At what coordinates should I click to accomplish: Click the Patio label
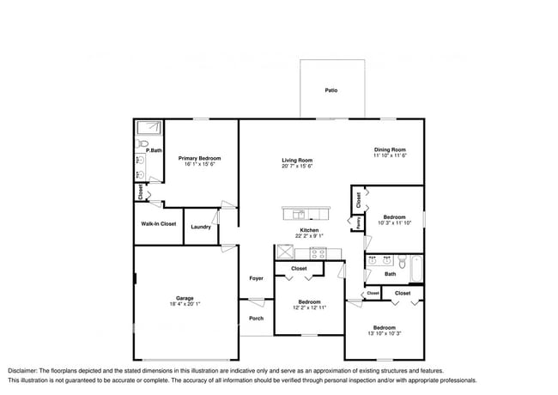331,89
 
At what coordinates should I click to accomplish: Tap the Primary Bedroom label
199,158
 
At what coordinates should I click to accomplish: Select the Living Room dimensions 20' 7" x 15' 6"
297,167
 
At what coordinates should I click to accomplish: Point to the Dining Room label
389,149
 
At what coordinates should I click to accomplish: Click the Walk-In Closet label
159,224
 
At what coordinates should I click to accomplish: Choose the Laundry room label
201,227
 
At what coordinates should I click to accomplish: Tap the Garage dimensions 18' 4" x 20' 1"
185,304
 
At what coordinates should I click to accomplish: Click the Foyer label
256,278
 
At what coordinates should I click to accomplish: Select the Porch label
256,319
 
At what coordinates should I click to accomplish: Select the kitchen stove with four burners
318,252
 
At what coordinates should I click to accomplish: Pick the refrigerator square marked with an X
284,252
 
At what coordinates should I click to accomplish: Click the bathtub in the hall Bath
416,270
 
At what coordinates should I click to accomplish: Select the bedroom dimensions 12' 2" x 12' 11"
309,308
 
